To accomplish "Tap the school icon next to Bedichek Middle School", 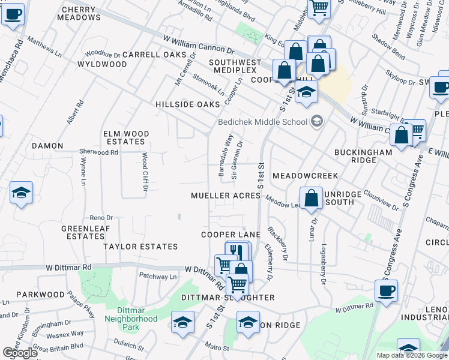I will click(x=317, y=122).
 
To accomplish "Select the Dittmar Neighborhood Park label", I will click(x=130, y=323).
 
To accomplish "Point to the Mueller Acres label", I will click(x=225, y=196).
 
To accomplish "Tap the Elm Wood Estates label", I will click(x=124, y=137).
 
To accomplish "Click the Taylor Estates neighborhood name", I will click(x=140, y=247).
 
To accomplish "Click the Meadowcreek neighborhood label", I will click(x=305, y=176).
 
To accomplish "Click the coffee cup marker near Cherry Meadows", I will click(x=13, y=13).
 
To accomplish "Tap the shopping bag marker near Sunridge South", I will click(x=311, y=197).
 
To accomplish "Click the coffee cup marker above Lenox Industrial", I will click(x=386, y=290).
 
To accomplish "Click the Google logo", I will click(x=20, y=353).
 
